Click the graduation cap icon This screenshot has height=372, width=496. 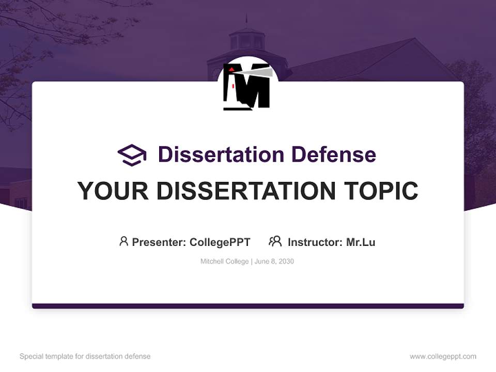pyautogui.click(x=132, y=154)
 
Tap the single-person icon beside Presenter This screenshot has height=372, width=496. pyautogui.click(x=123, y=241)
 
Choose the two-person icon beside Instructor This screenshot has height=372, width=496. pyautogui.click(x=275, y=241)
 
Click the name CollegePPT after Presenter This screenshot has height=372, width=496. pyautogui.click(x=220, y=242)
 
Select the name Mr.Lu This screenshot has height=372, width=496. pyautogui.click(x=361, y=242)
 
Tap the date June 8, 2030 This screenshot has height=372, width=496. pyautogui.click(x=274, y=261)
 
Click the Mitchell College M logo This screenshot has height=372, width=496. pyautogui.click(x=247, y=86)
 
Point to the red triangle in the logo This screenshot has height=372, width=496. pyautogui.click(x=233, y=69)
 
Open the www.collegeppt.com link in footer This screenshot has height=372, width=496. pyautogui.click(x=443, y=357)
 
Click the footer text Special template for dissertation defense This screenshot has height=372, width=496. pyautogui.click(x=85, y=357)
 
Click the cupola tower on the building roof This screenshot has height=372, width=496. pyautogui.click(x=246, y=39)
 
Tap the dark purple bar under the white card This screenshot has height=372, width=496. pyautogui.click(x=248, y=306)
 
